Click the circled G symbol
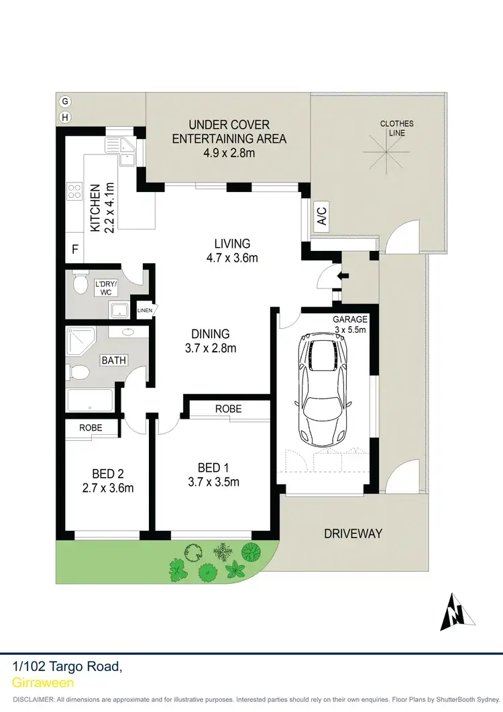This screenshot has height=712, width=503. pyautogui.click(x=65, y=101)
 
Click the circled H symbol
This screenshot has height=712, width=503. pyautogui.click(x=65, y=117)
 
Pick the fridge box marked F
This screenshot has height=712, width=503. pyautogui.click(x=75, y=250)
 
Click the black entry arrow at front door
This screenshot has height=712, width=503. pyautogui.click(x=344, y=275)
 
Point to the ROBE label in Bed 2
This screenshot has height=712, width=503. pyautogui.click(x=91, y=427)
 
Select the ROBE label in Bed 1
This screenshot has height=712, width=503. pyautogui.click(x=228, y=409)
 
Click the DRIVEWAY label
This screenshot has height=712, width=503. pyautogui.click(x=353, y=533)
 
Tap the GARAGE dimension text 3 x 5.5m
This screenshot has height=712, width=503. pyautogui.click(x=349, y=329)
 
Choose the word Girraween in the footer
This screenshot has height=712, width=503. pyautogui.click(x=44, y=682)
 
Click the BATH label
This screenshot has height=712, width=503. pyautogui.click(x=113, y=360)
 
